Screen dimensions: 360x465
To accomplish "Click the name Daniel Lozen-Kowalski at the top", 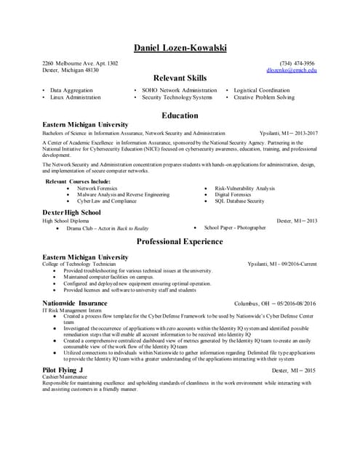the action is point(180,48).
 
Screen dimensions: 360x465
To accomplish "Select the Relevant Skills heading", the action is point(180,78).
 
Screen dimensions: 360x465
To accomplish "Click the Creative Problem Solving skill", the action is point(264,97).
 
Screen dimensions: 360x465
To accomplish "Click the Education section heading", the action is point(180,116).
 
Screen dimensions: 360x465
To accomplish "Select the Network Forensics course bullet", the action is point(117,188).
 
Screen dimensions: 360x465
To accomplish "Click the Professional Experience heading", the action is point(180,242).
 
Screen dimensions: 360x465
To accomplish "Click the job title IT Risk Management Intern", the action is point(73,310).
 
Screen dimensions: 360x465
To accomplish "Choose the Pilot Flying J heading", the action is point(63,371).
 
